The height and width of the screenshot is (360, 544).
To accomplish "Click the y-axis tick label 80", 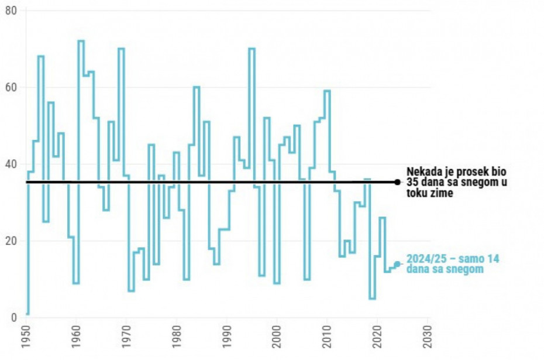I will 11,11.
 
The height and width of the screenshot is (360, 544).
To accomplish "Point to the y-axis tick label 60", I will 11,88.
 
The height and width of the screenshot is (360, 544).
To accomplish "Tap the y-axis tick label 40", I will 11,164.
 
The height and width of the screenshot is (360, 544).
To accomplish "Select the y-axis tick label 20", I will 11,241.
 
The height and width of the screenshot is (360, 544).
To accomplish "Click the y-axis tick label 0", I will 14,318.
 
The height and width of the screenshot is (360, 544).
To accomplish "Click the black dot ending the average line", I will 397,182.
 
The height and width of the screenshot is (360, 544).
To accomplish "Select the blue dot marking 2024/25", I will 397,264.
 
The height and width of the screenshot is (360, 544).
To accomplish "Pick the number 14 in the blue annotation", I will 494,259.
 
